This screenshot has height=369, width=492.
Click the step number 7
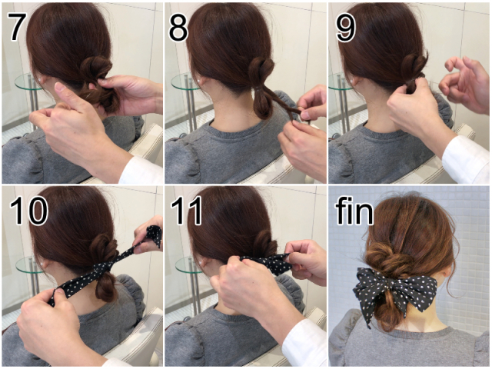pyautogui.click(x=16, y=27)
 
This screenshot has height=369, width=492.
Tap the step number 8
pyautogui.click(x=178, y=27)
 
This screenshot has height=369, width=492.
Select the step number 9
pyautogui.click(x=345, y=27)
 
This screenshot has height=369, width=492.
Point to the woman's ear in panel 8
pyautogui.click(x=201, y=81)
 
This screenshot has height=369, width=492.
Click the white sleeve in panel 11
pyautogui.click(x=304, y=344)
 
